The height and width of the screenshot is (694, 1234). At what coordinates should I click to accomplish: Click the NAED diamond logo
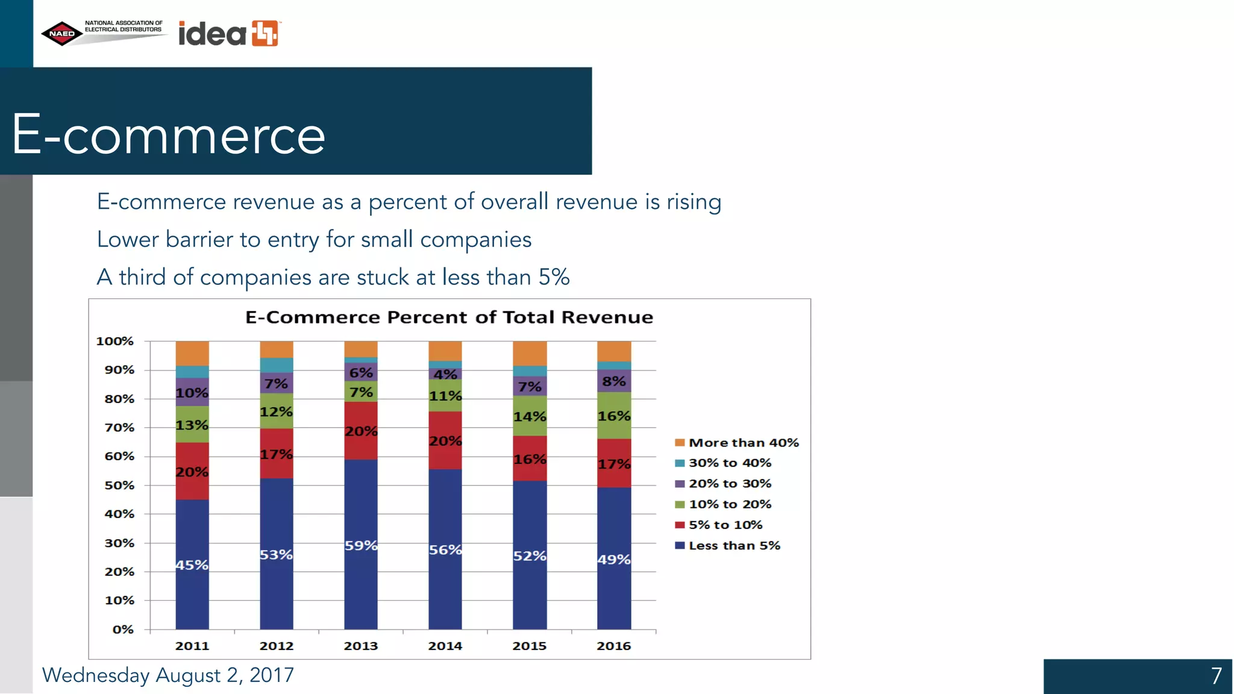61,34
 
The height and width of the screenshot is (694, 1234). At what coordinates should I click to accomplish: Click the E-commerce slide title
169,135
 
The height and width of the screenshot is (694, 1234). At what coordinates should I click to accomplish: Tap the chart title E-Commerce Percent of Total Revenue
449,317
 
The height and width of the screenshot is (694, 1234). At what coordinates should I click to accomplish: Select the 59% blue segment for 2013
361,545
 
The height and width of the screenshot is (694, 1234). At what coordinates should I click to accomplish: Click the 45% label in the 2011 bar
192,565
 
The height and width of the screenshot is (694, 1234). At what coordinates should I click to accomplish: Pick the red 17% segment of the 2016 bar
614,463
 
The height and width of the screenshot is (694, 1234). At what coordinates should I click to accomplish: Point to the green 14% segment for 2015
530,416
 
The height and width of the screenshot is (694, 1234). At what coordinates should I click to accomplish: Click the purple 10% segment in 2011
192,392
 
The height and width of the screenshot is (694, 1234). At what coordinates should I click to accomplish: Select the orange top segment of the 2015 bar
530,353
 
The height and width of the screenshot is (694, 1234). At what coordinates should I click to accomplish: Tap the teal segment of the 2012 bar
277,365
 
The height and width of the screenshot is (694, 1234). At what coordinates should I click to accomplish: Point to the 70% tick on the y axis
119,428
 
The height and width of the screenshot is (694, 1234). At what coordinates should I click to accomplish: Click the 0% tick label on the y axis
123,630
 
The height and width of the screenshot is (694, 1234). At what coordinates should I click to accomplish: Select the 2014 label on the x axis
445,646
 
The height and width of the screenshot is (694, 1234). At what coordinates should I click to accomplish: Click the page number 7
1216,676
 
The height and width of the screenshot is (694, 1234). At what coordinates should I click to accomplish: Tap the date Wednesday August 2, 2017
168,675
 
